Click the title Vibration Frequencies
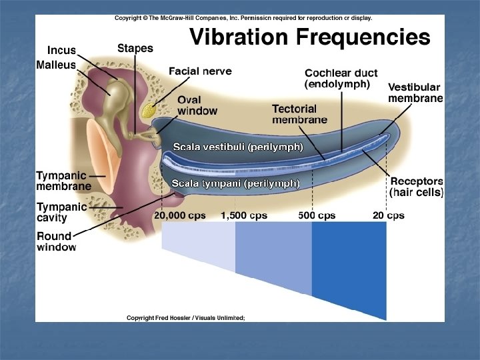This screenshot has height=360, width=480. tap(310, 37)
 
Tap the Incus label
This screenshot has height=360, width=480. tap(61, 51)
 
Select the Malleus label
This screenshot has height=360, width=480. tap(57, 65)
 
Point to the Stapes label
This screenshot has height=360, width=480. tap(135, 48)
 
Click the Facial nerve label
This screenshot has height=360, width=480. tap(200, 71)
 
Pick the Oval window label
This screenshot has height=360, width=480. tap(197, 105)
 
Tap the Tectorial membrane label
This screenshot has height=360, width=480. tap(299, 113)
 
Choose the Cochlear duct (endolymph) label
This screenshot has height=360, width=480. tap(337, 79)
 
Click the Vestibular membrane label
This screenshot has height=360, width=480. tap(415, 93)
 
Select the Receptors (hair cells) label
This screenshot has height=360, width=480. tap(417, 186)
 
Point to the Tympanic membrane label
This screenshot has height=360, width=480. tap(64, 181)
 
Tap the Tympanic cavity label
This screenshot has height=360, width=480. tap(61, 213)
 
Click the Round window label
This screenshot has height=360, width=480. tap(57, 241)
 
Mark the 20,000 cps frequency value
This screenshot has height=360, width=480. tap(180, 215)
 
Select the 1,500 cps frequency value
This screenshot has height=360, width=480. tap(244, 215)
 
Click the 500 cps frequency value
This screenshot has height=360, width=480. tap(317, 215)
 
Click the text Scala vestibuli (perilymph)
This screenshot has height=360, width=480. tap(238, 146)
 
